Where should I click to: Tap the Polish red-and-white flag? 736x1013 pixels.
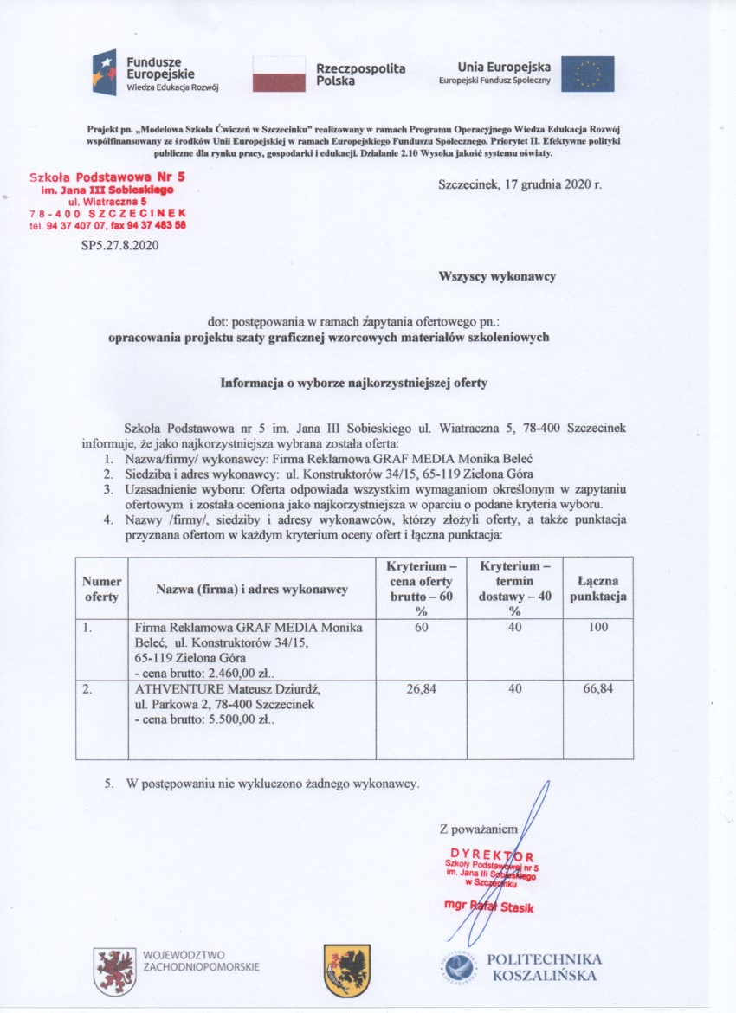click(x=279, y=74)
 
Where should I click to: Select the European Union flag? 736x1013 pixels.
click(x=588, y=74)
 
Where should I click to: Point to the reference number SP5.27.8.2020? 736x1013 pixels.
click(x=119, y=245)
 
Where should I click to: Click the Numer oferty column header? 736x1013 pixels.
click(x=101, y=590)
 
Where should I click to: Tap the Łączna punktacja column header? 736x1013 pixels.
click(x=597, y=590)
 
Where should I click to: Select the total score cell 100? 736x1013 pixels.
click(x=597, y=626)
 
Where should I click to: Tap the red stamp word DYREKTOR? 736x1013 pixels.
click(x=491, y=855)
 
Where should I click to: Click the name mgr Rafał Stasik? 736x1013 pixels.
click(x=490, y=906)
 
